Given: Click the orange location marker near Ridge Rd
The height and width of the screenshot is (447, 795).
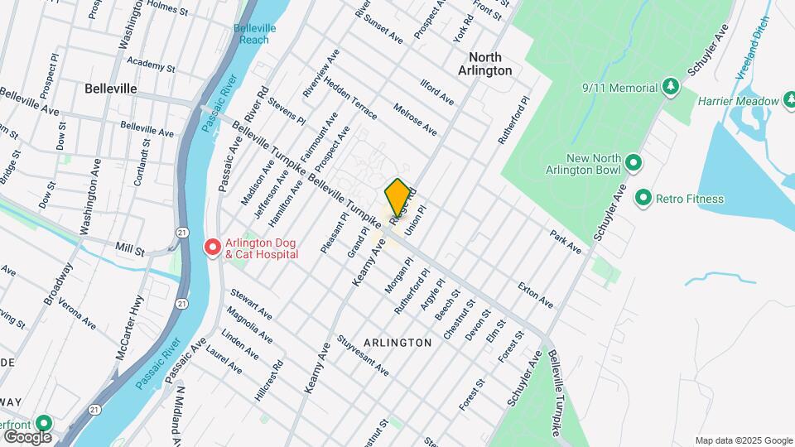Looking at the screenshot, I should (397, 197).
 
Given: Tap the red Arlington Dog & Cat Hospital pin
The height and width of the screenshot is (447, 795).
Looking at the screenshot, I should (212, 248).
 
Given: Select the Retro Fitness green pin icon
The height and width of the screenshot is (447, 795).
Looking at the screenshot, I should (643, 198).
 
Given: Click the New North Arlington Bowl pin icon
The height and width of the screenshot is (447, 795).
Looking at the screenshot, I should (634, 162).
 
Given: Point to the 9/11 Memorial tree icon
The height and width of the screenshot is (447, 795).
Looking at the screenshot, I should (671, 86).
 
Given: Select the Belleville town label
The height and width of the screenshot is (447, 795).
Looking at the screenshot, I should (110, 88).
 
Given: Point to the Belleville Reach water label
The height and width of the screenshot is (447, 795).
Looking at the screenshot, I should (255, 34).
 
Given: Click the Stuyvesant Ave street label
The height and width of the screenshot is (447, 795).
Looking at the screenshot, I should (363, 355).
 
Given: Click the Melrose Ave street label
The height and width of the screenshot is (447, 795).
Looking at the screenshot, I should (416, 118).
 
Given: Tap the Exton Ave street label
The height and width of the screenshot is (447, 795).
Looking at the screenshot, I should (535, 295).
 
